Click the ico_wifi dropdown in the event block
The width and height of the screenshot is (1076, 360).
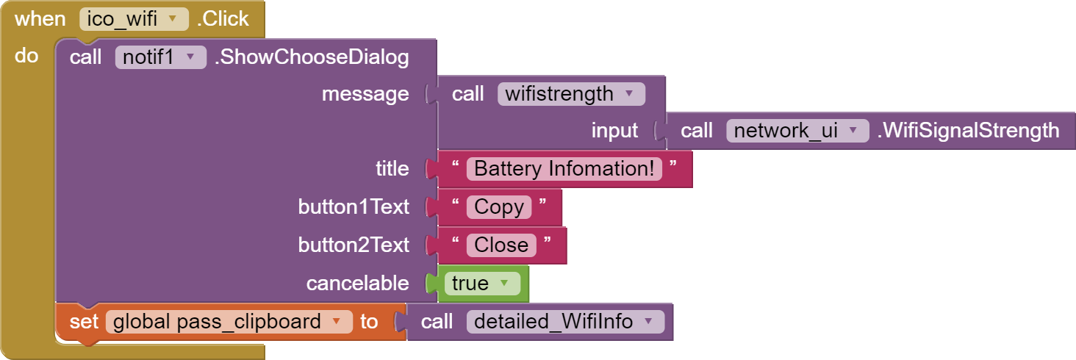tap(134, 19)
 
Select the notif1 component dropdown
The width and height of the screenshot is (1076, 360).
tap(160, 57)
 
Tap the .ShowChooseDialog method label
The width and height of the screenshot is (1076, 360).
tap(312, 57)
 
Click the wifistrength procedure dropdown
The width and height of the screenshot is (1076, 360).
tap(571, 93)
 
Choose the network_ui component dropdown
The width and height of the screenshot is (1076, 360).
tap(797, 131)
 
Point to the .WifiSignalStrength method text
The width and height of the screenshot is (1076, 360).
tap(969, 131)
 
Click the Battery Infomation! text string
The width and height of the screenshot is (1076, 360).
tap(564, 169)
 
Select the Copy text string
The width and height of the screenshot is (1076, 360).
tap(498, 207)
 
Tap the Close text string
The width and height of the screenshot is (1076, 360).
tap(501, 245)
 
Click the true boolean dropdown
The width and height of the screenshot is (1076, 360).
tap(482, 283)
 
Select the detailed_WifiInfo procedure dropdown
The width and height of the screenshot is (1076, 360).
tap(565, 322)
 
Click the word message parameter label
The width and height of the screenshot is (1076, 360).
tap(365, 94)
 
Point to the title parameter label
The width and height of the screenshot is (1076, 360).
tap(392, 169)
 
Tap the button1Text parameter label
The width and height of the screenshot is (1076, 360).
tap(354, 207)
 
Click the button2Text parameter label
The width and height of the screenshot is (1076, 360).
tap(354, 245)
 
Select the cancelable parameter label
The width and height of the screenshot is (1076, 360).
tap(358, 283)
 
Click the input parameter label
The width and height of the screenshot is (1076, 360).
tap(615, 131)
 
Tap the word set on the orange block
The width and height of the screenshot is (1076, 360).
tap(84, 322)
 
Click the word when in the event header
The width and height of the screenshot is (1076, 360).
tap(40, 19)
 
